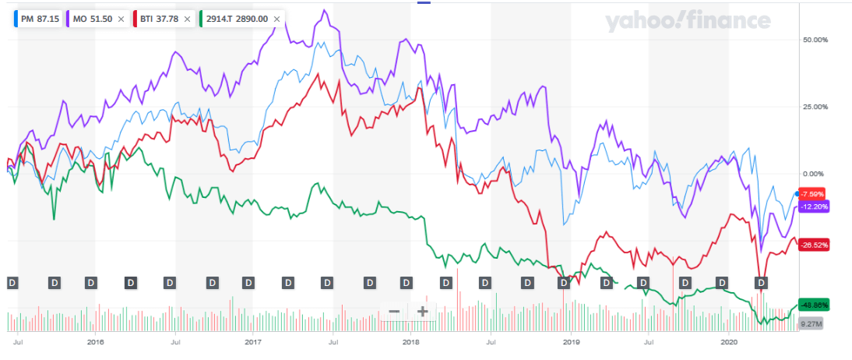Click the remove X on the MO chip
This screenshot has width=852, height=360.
point(121,18)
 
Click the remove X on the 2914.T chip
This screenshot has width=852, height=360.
point(276,18)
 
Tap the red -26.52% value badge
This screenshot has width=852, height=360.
point(815,244)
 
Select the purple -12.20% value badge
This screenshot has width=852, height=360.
point(815,206)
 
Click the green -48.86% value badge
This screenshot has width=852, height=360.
point(815,305)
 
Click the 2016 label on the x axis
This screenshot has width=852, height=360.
point(96,342)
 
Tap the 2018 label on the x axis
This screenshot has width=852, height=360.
point(413,342)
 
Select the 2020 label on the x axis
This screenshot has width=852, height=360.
point(729,342)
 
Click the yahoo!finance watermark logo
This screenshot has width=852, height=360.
point(688,23)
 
